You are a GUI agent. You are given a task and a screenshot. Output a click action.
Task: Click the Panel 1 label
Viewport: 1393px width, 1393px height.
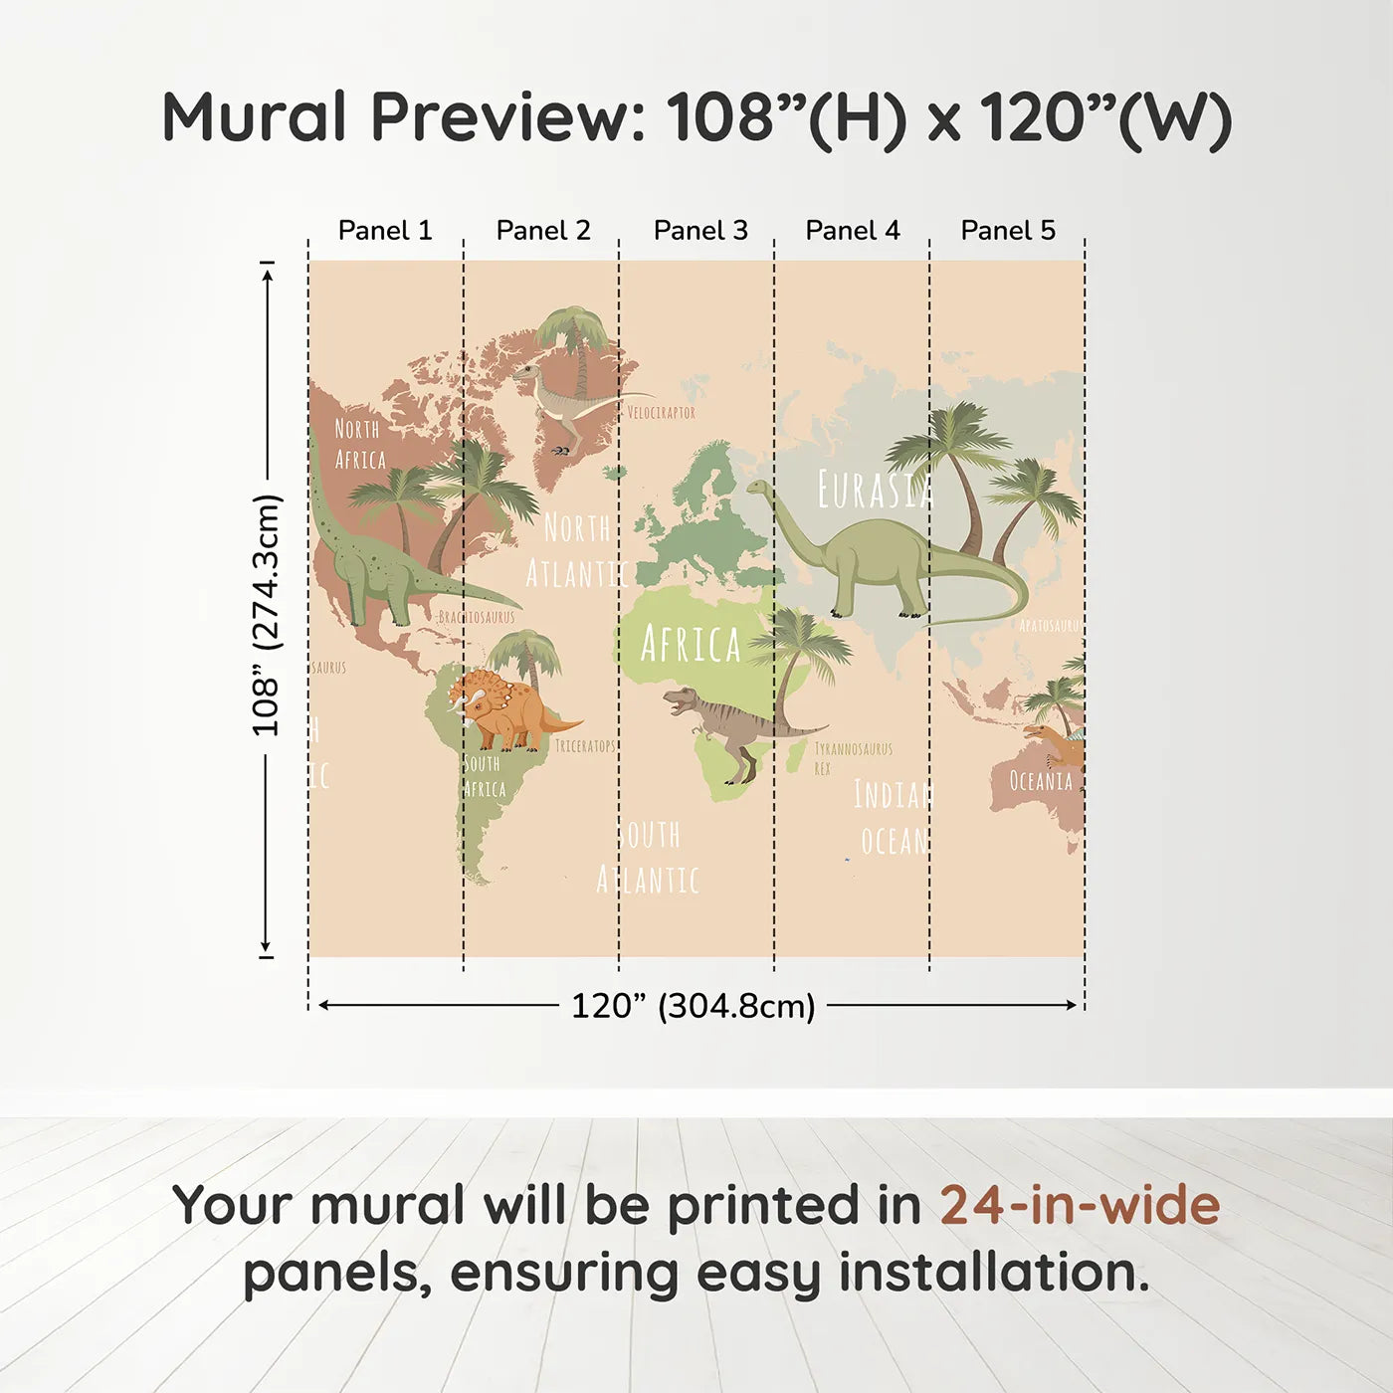pos(385,231)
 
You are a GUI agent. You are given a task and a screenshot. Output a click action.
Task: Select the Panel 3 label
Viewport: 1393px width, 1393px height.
pos(700,231)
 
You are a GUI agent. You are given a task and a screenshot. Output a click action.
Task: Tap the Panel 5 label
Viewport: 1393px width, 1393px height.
pos(1008,231)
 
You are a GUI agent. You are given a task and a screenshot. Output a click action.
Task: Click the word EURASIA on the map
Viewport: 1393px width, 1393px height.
pos(875,490)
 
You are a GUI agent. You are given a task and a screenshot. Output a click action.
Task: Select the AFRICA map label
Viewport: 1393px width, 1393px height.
pos(691,645)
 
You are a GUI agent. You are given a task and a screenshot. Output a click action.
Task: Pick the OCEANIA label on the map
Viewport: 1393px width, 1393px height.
pos(1041,781)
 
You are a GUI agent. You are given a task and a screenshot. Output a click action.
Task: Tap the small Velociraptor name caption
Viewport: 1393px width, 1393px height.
pos(662,412)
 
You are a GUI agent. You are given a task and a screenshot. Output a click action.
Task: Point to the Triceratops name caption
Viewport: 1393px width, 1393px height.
pos(585,746)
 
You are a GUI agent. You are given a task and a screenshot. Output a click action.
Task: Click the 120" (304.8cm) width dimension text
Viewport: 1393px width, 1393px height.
pos(693,1006)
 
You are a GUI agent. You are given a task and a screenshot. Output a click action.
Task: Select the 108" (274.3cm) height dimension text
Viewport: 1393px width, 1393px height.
pos(267,615)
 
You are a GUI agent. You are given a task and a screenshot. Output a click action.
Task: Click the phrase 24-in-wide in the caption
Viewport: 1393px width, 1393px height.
pos(1080,1205)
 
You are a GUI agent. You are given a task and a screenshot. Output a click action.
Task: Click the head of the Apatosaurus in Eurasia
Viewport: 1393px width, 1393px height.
pos(759,488)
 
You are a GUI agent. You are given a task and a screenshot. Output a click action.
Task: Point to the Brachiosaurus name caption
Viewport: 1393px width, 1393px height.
pos(477,618)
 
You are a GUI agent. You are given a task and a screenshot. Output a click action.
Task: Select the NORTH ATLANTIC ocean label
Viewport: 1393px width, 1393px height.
pos(575,550)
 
